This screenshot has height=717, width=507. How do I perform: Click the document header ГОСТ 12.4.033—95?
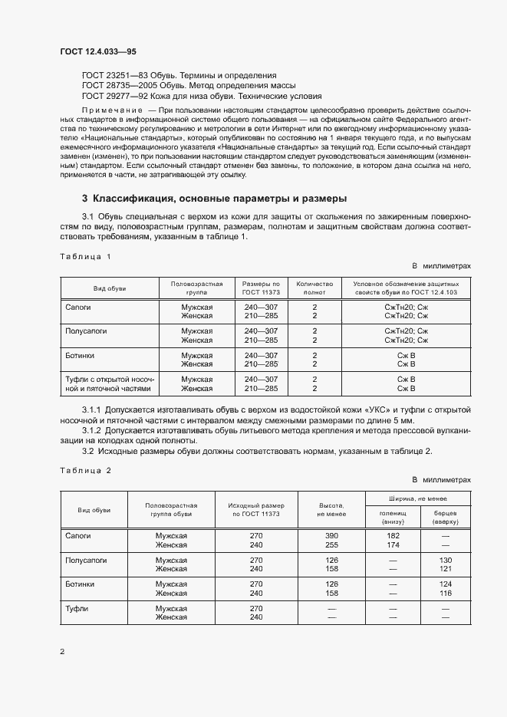click(97, 51)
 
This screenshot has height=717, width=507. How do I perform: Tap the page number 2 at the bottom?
click(62, 652)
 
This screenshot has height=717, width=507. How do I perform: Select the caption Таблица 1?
click(85, 256)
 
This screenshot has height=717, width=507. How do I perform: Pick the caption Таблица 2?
click(85, 470)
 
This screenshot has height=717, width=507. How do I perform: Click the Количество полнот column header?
click(314, 288)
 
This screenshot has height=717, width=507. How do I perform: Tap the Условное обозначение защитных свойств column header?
click(406, 288)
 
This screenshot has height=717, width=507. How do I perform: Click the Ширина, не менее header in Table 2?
click(418, 497)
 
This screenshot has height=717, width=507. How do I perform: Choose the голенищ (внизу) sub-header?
click(393, 515)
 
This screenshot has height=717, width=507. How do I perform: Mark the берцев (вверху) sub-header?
click(446, 515)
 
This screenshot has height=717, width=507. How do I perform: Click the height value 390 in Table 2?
click(332, 535)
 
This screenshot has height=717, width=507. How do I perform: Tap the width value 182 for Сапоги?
click(393, 535)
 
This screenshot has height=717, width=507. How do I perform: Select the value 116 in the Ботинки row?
click(446, 594)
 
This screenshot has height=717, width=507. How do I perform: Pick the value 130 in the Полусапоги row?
click(446, 560)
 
